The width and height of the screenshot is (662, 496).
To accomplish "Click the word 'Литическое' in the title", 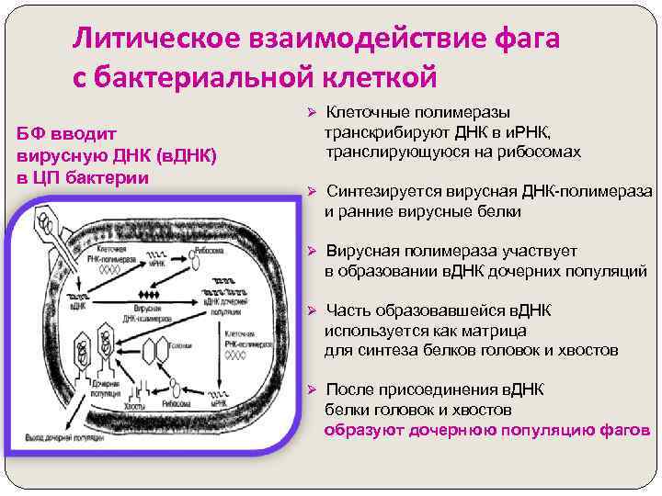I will click(155, 39).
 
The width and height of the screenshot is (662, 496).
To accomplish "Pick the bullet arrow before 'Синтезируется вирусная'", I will click(311, 191).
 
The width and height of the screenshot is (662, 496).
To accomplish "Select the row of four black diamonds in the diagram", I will click(146, 293).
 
